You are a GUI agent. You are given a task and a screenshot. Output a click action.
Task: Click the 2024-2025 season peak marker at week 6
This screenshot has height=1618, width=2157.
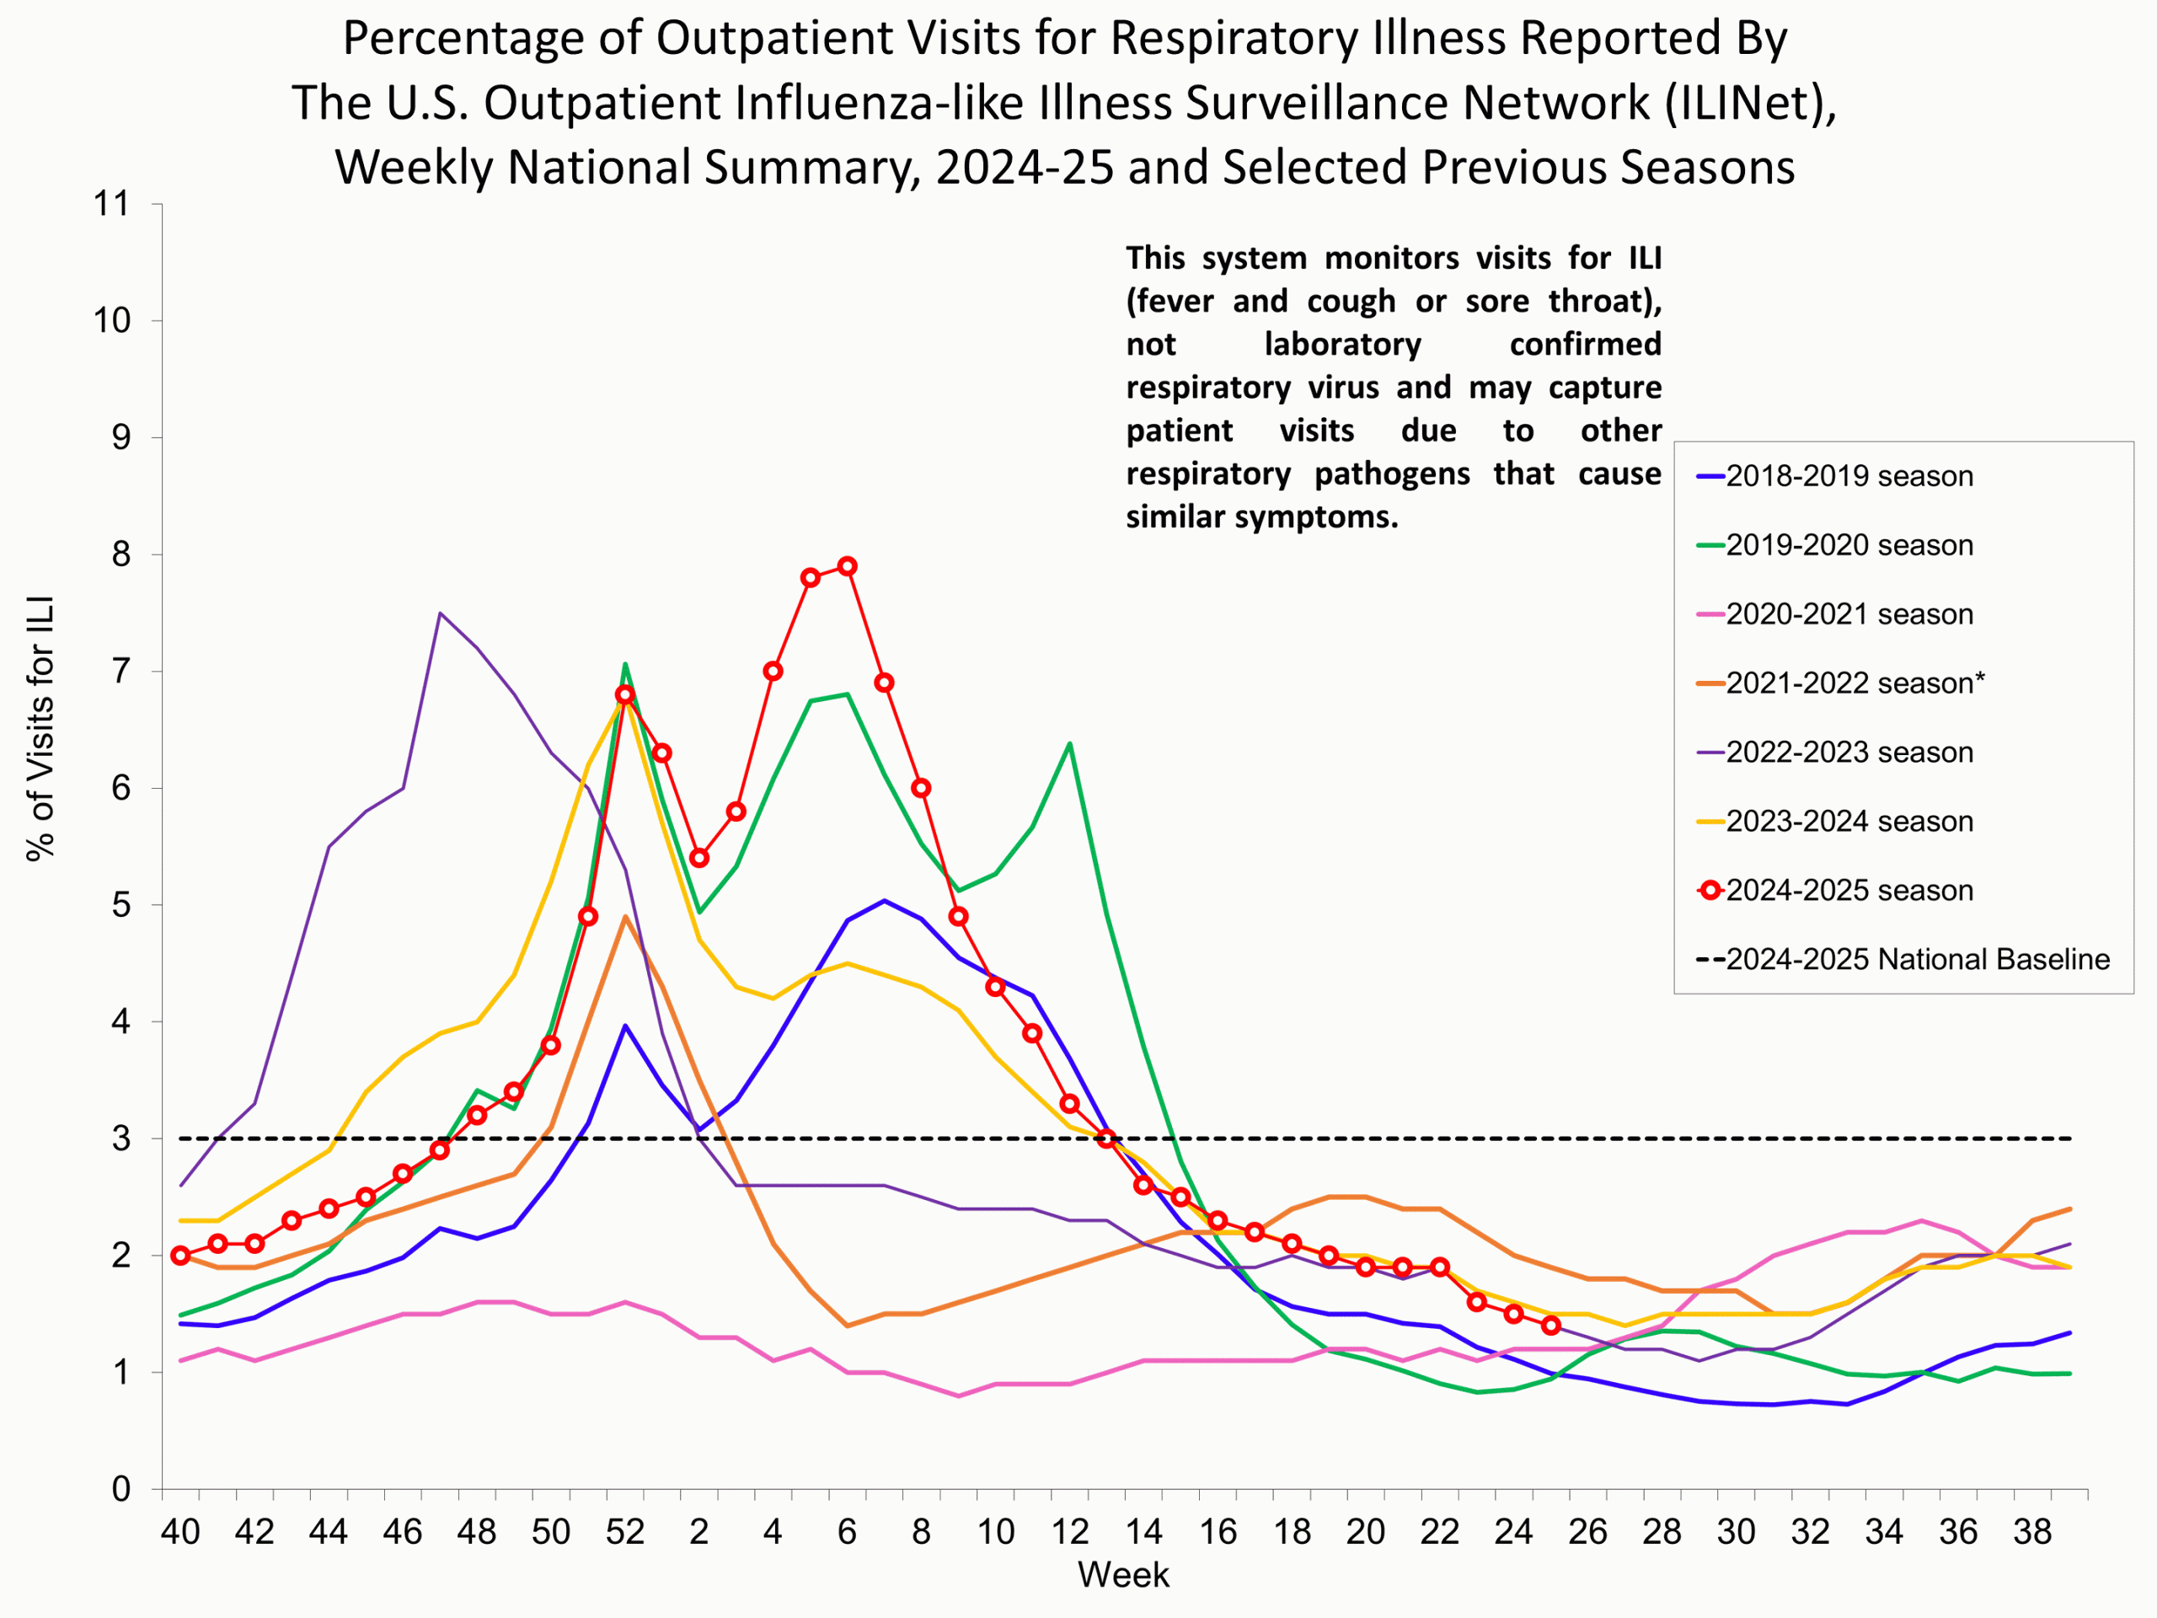click(x=848, y=565)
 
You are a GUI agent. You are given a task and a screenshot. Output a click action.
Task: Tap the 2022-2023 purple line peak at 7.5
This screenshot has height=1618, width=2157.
click(x=441, y=613)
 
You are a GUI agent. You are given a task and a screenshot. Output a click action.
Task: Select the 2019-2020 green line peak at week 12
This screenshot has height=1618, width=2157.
click(x=1070, y=744)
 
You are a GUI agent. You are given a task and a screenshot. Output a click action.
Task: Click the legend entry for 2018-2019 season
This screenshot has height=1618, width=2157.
click(x=1848, y=477)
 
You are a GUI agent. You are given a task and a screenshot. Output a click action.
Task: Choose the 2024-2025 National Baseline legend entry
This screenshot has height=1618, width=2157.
click(x=1916, y=960)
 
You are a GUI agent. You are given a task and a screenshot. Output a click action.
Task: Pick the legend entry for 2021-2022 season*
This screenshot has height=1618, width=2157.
click(x=1854, y=683)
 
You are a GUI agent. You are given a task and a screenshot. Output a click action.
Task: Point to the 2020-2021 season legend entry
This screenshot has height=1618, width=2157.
click(x=1848, y=614)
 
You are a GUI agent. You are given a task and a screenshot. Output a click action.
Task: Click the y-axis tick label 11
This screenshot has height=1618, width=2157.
click(x=111, y=204)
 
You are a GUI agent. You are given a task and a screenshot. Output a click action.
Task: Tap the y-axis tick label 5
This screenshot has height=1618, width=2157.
click(x=121, y=905)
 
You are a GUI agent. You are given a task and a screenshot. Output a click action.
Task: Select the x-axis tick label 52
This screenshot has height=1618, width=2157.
click(x=625, y=1532)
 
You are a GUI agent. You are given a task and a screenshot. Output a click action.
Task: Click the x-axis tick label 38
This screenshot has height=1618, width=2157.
click(x=2032, y=1532)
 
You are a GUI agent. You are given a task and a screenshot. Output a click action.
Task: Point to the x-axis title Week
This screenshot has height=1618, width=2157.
click(x=1122, y=1575)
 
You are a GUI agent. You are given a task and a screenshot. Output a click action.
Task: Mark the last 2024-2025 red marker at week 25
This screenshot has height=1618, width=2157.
click(x=1550, y=1326)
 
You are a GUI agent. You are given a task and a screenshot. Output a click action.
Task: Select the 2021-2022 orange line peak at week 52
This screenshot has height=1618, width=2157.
click(x=625, y=917)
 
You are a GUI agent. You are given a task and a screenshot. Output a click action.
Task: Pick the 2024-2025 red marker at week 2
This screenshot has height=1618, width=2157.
click(x=699, y=858)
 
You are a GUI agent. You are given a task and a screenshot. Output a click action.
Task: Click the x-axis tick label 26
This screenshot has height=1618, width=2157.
click(x=1587, y=1532)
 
